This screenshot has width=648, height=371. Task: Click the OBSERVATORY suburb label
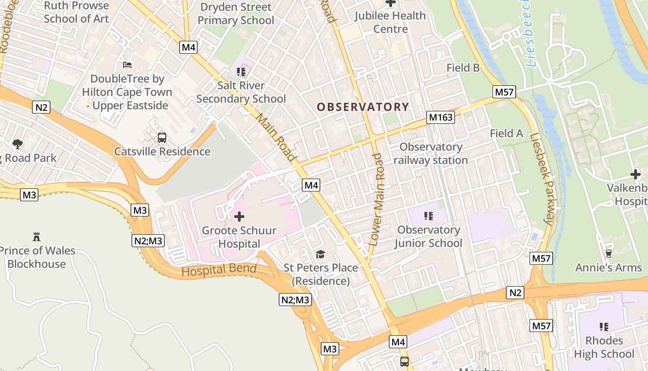363,107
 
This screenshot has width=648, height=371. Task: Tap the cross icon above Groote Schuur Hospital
239,217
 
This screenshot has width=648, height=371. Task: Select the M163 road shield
441,117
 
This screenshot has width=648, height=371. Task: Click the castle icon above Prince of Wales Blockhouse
37,237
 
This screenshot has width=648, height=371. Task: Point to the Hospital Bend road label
219,269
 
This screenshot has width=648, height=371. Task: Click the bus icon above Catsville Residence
162,137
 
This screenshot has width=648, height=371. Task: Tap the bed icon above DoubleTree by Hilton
127,65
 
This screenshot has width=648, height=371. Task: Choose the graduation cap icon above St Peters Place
320,254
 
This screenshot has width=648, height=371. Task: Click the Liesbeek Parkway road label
542,179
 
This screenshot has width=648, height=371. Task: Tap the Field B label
463,68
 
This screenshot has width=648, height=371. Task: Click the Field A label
506,134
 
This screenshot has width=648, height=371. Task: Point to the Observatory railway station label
430,154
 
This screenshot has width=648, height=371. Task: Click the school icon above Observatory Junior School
428,216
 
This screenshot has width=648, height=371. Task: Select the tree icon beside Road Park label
18,144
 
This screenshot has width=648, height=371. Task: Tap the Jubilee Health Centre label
390,22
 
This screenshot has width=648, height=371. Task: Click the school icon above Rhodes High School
604,327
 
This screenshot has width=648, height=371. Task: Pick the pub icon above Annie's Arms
608,253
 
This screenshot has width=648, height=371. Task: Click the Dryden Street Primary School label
236,13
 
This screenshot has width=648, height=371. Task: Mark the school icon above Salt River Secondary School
241,71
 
